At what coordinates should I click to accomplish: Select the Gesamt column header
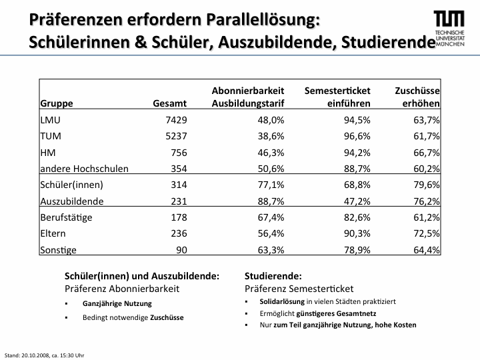coord(169,103)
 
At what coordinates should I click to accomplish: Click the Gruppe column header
coord(57,103)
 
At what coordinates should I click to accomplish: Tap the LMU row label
coord(50,120)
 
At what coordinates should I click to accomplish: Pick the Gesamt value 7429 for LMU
coord(176,120)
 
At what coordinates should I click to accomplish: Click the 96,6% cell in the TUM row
coord(357,136)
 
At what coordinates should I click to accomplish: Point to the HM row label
coord(48,153)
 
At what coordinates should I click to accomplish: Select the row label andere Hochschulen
coord(84,169)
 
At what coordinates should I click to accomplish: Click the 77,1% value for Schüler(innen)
coord(271,185)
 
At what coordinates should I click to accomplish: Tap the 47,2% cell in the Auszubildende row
coord(357,201)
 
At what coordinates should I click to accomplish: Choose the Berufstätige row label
coord(66,217)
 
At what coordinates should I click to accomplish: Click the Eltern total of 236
coord(179,233)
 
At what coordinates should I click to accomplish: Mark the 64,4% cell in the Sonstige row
coord(427,250)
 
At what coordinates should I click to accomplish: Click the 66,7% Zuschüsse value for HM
coord(427,153)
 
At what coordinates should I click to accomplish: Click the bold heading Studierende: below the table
coord(273,276)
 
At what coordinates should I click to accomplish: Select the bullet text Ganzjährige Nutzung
coord(117,304)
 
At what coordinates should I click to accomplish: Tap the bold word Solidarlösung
coord(282,301)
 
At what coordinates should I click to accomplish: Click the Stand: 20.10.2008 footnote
coord(45,355)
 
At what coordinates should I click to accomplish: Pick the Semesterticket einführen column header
coord(337,97)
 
